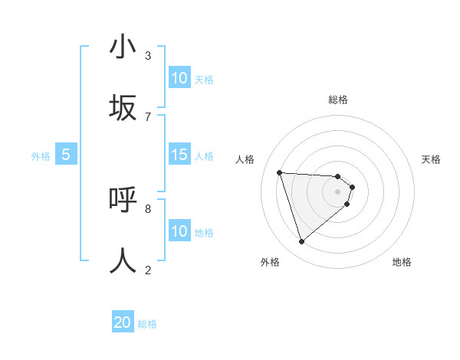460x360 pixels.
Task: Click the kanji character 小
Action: (x=123, y=47)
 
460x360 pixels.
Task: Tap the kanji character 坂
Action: (x=123, y=108)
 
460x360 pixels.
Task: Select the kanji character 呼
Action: (x=123, y=200)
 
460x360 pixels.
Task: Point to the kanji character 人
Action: (x=123, y=260)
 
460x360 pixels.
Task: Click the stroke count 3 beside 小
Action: (x=148, y=55)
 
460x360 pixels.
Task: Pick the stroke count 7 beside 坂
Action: (x=148, y=116)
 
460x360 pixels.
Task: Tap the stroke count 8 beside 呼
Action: (x=148, y=208)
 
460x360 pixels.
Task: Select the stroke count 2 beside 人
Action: (x=148, y=270)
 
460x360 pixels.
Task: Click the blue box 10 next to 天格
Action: (x=179, y=78)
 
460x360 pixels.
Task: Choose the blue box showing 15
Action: (x=179, y=155)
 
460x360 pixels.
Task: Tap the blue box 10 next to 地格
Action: (x=179, y=231)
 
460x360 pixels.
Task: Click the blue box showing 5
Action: (x=66, y=155)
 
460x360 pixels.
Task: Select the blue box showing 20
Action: (x=123, y=322)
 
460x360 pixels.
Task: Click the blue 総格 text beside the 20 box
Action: (x=147, y=324)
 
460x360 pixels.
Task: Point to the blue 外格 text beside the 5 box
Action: (x=41, y=156)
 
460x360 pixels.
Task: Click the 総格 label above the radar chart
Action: (x=338, y=100)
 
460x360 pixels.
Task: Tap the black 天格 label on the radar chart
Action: (x=431, y=159)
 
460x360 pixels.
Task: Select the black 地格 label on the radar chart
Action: (x=402, y=262)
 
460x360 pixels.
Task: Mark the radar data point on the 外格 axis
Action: (x=301, y=242)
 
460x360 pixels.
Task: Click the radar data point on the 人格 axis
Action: (x=280, y=172)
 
